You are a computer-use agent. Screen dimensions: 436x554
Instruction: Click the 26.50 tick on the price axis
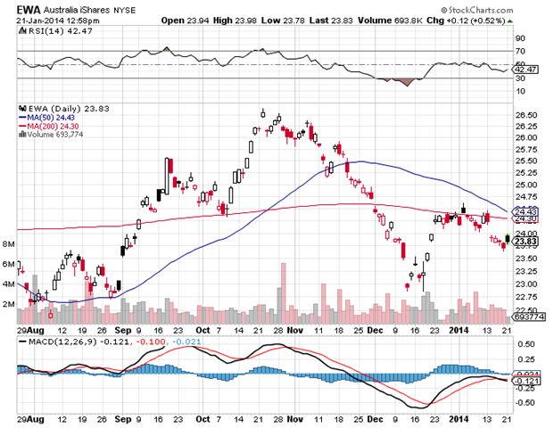tap(526, 115)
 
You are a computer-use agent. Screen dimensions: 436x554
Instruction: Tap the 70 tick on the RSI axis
tap(519, 39)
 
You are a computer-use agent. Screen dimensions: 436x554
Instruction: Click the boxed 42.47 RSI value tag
tap(526, 69)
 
